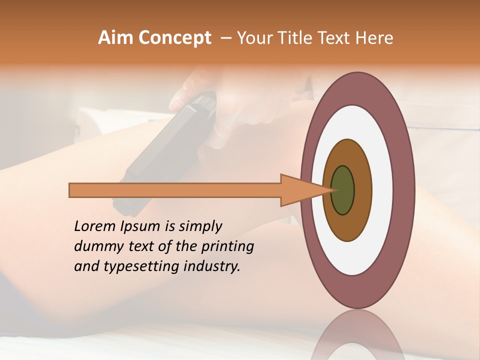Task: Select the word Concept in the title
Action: [x=174, y=38]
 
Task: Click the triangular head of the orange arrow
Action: [x=300, y=190]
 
